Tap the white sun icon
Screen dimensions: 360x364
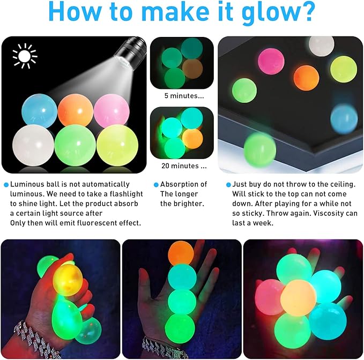click(24, 56)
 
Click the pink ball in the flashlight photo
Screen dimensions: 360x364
click(111, 110)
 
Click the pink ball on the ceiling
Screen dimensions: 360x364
click(272, 62)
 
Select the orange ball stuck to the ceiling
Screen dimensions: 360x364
click(306, 78)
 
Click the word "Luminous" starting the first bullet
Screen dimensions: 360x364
click(27, 184)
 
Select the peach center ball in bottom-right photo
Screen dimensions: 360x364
click(298, 297)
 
